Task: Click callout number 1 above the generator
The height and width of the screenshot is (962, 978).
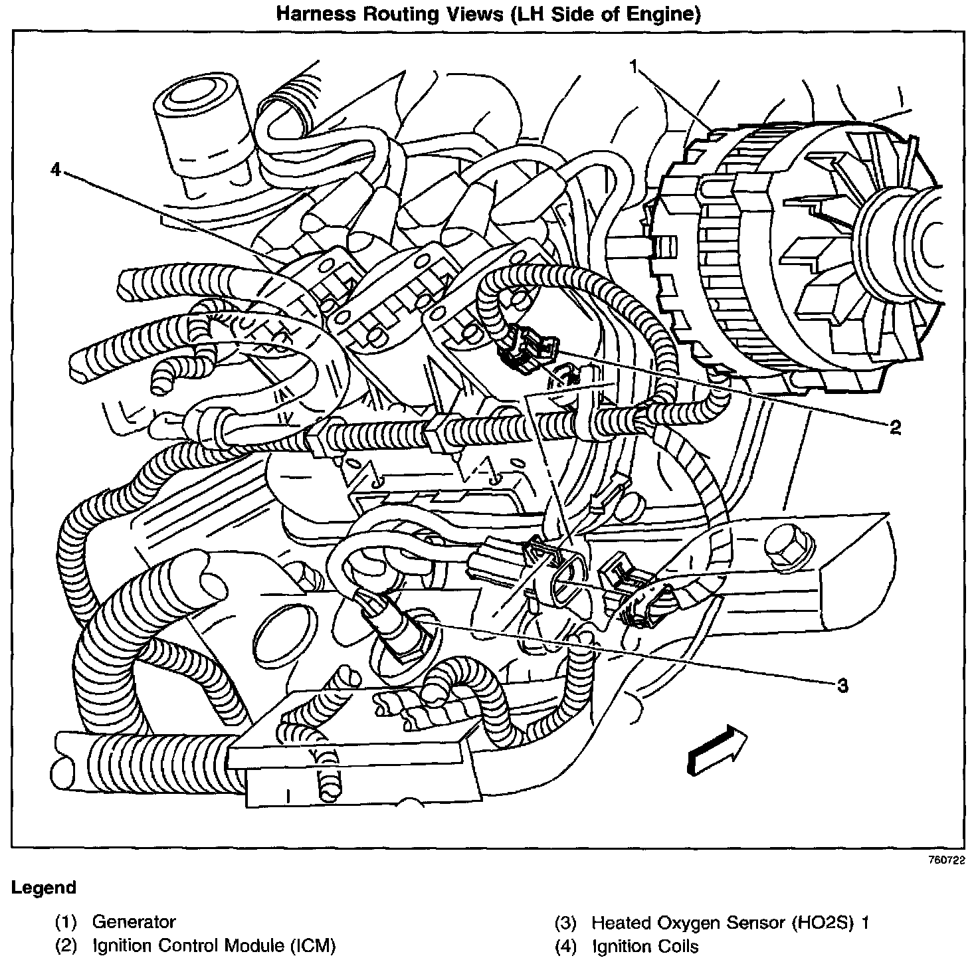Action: pyautogui.click(x=635, y=65)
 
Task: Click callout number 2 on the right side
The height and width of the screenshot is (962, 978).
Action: pyautogui.click(x=895, y=427)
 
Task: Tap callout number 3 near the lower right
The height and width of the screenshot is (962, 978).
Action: pyautogui.click(x=842, y=685)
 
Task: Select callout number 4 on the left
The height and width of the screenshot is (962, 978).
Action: pyautogui.click(x=56, y=170)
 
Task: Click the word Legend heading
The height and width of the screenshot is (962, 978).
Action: pyautogui.click(x=43, y=888)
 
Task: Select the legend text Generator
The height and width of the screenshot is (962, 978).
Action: pyautogui.click(x=134, y=922)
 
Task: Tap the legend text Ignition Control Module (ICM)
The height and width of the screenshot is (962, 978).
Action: pyautogui.click(x=214, y=945)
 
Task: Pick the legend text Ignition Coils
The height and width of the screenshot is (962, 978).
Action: pyautogui.click(x=645, y=945)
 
